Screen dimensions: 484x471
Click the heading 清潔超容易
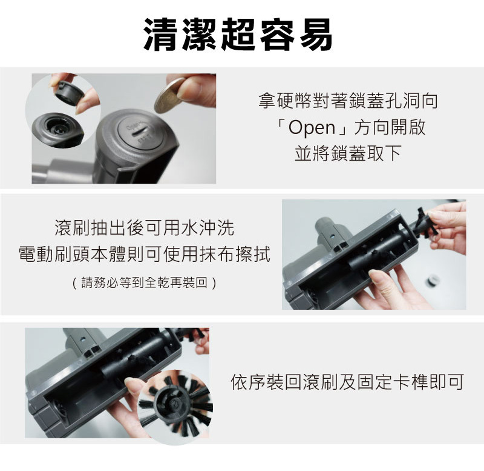click(x=238, y=35)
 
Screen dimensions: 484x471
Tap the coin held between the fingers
click(x=169, y=96)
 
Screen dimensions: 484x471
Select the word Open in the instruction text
click(x=312, y=127)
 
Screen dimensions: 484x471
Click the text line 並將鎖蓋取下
click(x=348, y=153)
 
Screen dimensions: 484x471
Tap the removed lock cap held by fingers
click(x=67, y=90)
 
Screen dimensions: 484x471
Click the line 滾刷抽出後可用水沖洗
click(x=144, y=227)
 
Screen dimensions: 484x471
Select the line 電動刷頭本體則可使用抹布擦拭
click(x=144, y=254)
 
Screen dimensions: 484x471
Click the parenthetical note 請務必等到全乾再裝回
click(x=144, y=282)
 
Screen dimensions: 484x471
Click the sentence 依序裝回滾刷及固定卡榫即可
click(x=347, y=382)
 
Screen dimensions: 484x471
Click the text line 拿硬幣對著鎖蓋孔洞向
click(x=348, y=101)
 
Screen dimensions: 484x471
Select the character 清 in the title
click(x=162, y=35)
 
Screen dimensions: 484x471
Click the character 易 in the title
click(x=315, y=35)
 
